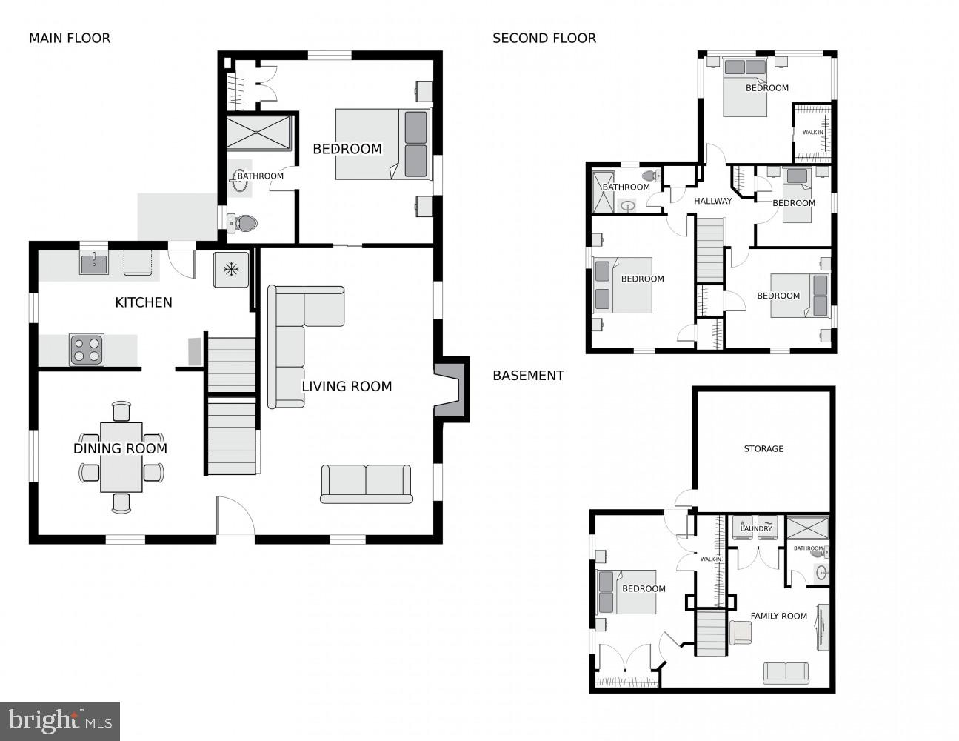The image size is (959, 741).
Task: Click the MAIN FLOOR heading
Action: [x=70, y=39]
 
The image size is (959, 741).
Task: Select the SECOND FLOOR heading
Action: [x=544, y=39]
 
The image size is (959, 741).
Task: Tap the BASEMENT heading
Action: [x=528, y=376]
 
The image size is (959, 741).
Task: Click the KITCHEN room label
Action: [x=144, y=302]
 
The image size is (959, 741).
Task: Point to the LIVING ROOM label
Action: [x=347, y=386]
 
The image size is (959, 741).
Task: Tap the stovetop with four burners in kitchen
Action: [x=87, y=350]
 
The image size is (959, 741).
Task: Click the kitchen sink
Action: [x=94, y=263]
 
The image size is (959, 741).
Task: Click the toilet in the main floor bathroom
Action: [x=243, y=222]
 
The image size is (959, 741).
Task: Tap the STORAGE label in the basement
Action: [x=763, y=449]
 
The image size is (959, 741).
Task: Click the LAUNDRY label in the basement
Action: [x=756, y=528]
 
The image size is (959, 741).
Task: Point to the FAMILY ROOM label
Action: [x=778, y=616]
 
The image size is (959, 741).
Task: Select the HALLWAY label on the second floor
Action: [x=712, y=201]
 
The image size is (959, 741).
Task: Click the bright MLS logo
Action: [x=60, y=721]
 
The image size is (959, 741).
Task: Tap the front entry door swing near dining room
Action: [x=235, y=517]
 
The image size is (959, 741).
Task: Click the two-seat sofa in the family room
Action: [x=786, y=672]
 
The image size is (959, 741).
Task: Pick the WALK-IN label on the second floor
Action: [x=812, y=133]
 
